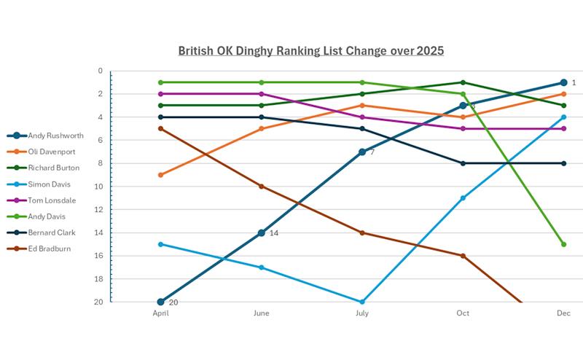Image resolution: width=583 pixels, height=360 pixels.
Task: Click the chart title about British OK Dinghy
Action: [x=311, y=51]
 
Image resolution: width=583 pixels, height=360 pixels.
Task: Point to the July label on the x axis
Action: [x=362, y=313]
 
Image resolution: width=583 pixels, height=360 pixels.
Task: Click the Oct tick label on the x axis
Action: [x=463, y=313]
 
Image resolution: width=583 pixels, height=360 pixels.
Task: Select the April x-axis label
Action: [x=160, y=313]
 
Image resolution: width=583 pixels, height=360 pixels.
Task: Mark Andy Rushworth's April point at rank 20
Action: [x=160, y=302]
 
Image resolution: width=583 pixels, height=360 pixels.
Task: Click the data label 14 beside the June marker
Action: [x=274, y=233]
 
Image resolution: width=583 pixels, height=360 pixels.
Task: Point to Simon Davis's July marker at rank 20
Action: [x=362, y=302]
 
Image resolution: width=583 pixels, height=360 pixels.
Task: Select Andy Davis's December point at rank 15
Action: [x=563, y=244]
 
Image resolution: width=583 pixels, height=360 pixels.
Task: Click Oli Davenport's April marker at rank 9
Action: [x=160, y=175]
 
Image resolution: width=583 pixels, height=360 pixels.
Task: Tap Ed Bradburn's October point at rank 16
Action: [x=463, y=256]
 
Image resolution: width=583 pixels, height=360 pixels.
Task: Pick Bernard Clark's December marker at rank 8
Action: [x=563, y=163]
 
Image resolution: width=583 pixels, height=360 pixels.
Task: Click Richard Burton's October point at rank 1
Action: [x=463, y=82]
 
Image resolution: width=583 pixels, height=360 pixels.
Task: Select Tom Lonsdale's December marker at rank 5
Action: [x=563, y=128]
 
